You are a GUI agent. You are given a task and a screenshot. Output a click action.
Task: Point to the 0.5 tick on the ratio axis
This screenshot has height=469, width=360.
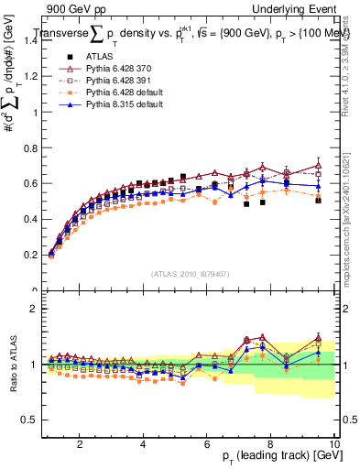(33, 420)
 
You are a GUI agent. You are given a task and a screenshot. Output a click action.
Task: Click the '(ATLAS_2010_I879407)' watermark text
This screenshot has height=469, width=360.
(190, 274)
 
